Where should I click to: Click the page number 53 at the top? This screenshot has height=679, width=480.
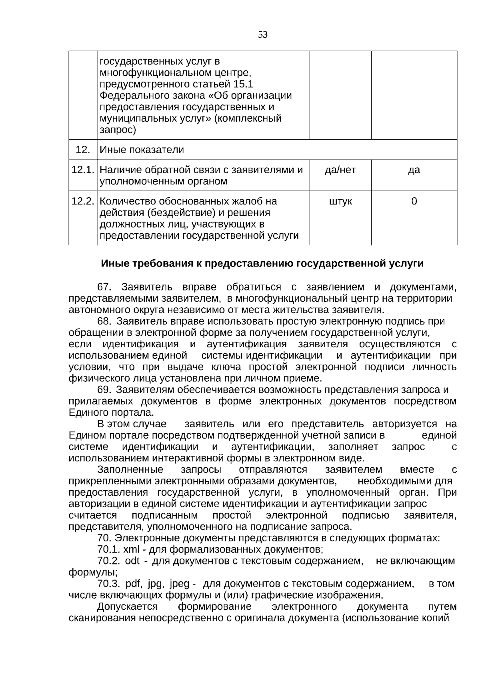tap(263, 35)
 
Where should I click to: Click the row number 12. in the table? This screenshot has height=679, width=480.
tap(83, 150)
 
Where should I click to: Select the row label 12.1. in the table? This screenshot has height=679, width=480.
tap(83, 170)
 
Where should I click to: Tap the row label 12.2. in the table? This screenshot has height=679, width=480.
tap(83, 201)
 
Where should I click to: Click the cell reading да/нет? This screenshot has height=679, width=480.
tap(340, 170)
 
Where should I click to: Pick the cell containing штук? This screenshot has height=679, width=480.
tap(340, 201)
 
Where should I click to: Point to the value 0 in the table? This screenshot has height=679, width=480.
tap(414, 201)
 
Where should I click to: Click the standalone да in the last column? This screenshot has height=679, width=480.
tap(414, 170)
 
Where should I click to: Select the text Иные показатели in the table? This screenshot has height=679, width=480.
tap(142, 150)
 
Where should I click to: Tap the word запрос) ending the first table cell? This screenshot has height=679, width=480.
tap(118, 130)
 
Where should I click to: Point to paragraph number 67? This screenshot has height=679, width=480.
tap(104, 287)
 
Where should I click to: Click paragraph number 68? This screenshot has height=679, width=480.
tap(104, 322)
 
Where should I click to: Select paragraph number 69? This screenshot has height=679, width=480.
tap(104, 390)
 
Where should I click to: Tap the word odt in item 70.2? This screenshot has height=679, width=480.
tap(132, 561)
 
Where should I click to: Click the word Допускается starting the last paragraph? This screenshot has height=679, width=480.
tap(127, 607)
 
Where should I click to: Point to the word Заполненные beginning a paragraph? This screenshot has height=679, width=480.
tap(130, 470)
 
